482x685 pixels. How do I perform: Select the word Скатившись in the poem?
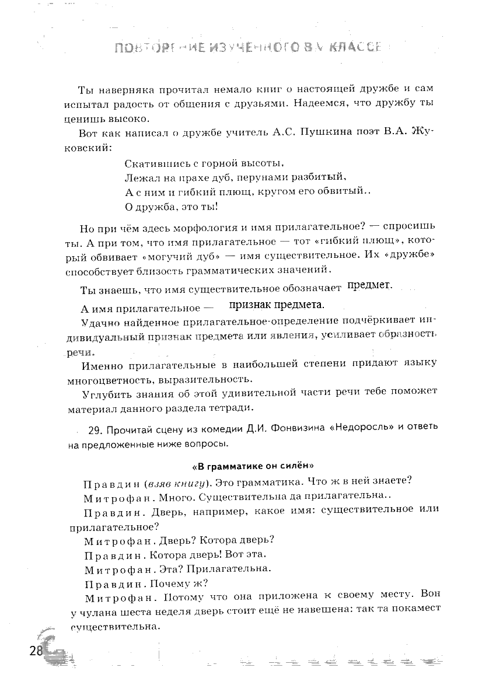coord(153,164)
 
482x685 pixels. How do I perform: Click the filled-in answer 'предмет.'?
coord(370,285)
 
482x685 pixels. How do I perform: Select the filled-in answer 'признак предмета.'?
coord(277,305)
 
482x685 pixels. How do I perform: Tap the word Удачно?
coord(99,321)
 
